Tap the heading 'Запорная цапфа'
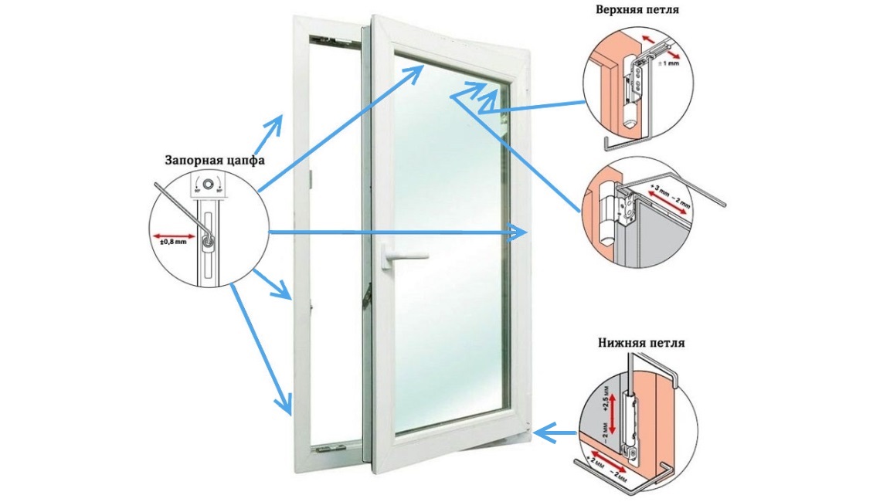215,161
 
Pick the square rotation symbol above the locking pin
207,185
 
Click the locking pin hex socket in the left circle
207,243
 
